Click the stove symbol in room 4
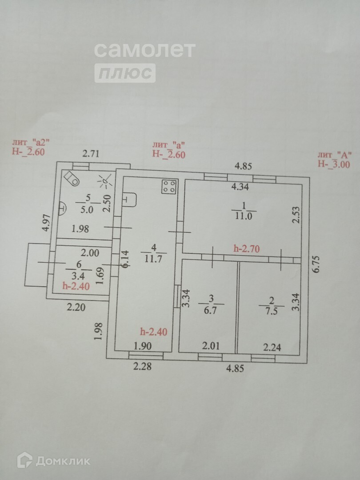click(169, 187)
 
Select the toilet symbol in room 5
click(72, 178)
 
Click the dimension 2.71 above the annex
click(92, 154)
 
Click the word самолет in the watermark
click(144, 50)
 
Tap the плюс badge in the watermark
click(125, 73)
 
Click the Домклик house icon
click(24, 460)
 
